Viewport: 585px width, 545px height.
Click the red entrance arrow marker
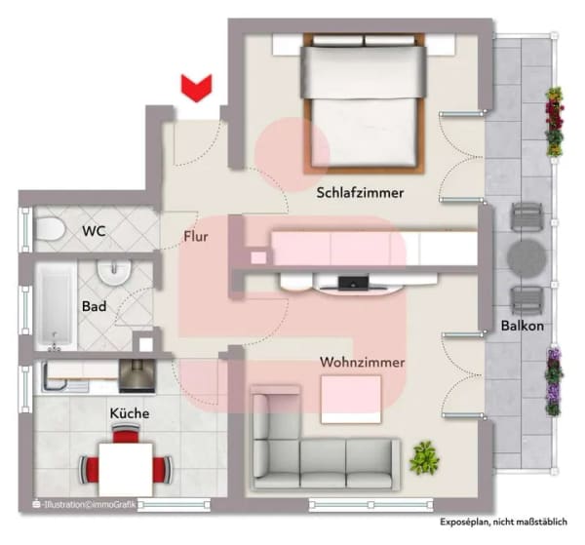pyautogui.click(x=197, y=88)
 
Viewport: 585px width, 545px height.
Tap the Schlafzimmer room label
pyautogui.click(x=360, y=193)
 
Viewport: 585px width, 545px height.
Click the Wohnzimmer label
pyautogui.click(x=363, y=363)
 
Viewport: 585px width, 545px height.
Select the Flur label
pyautogui.click(x=196, y=237)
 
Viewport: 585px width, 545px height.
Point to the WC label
pyautogui.click(x=94, y=231)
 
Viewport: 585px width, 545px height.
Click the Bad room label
pyautogui.click(x=94, y=307)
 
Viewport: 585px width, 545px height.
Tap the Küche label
pyautogui.click(x=130, y=413)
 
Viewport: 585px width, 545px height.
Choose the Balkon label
pyautogui.click(x=522, y=326)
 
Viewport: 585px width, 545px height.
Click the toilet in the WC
pyautogui.click(x=50, y=229)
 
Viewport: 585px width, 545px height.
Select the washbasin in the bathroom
pyautogui.click(x=114, y=273)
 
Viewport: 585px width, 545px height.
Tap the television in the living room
pyautogui.click(x=353, y=283)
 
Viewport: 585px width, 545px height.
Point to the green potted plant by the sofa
pyautogui.click(x=424, y=458)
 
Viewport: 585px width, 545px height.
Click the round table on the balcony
pyautogui.click(x=526, y=259)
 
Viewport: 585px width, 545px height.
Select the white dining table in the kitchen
pyautogui.click(x=126, y=470)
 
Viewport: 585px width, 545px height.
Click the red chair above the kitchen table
pyautogui.click(x=126, y=434)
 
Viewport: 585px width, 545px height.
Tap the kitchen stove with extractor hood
pyautogui.click(x=136, y=376)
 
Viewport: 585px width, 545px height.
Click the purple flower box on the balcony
pyautogui.click(x=554, y=381)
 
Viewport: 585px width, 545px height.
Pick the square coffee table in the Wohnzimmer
pyautogui.click(x=351, y=400)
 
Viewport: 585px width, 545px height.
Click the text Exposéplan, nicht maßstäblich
pyautogui.click(x=504, y=522)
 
